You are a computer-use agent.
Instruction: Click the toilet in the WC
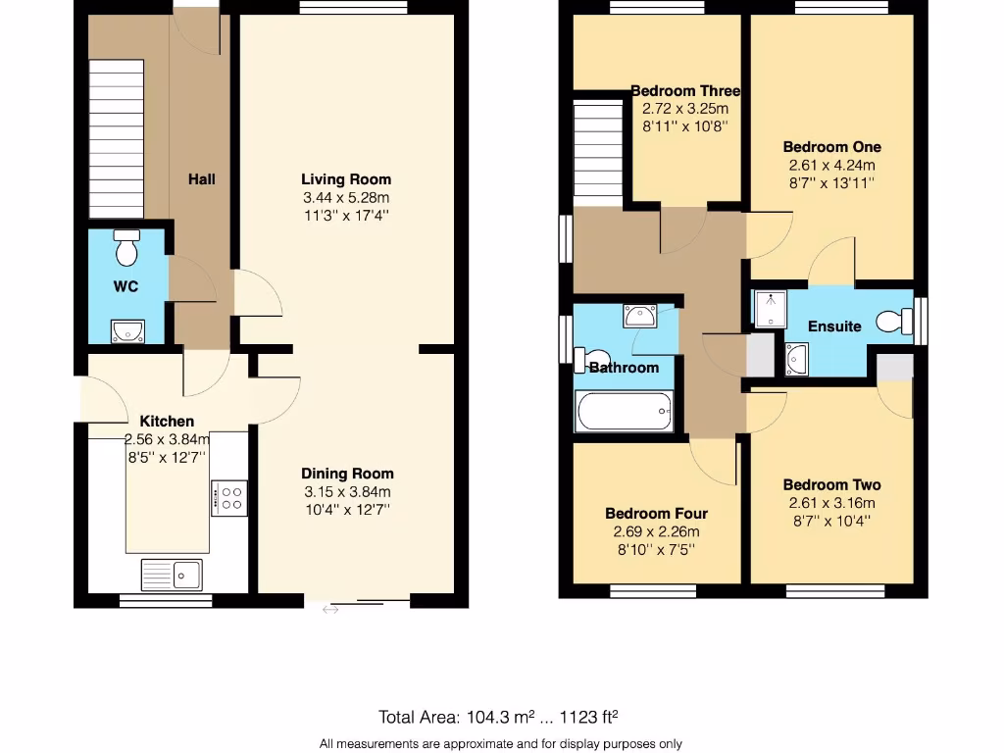(x=126, y=250)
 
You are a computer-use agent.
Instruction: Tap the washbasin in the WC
(x=127, y=331)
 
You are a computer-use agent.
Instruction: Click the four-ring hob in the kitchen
(x=229, y=498)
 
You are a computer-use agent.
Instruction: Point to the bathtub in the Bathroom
(x=625, y=412)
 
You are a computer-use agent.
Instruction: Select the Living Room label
(x=346, y=179)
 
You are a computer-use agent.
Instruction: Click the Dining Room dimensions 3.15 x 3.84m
(x=346, y=492)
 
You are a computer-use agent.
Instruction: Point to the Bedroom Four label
(x=656, y=514)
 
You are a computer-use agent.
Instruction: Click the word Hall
(x=202, y=179)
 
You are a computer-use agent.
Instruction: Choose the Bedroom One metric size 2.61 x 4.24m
(x=831, y=165)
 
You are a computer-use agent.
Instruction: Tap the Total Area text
(x=498, y=717)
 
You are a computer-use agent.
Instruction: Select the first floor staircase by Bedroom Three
(x=597, y=147)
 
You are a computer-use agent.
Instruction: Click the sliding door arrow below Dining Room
(x=330, y=611)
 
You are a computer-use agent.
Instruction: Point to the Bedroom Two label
(x=831, y=484)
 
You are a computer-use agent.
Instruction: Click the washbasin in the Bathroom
(x=640, y=317)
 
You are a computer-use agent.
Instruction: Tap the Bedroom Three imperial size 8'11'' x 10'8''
(x=685, y=126)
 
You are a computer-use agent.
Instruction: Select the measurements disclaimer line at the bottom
(x=500, y=743)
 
